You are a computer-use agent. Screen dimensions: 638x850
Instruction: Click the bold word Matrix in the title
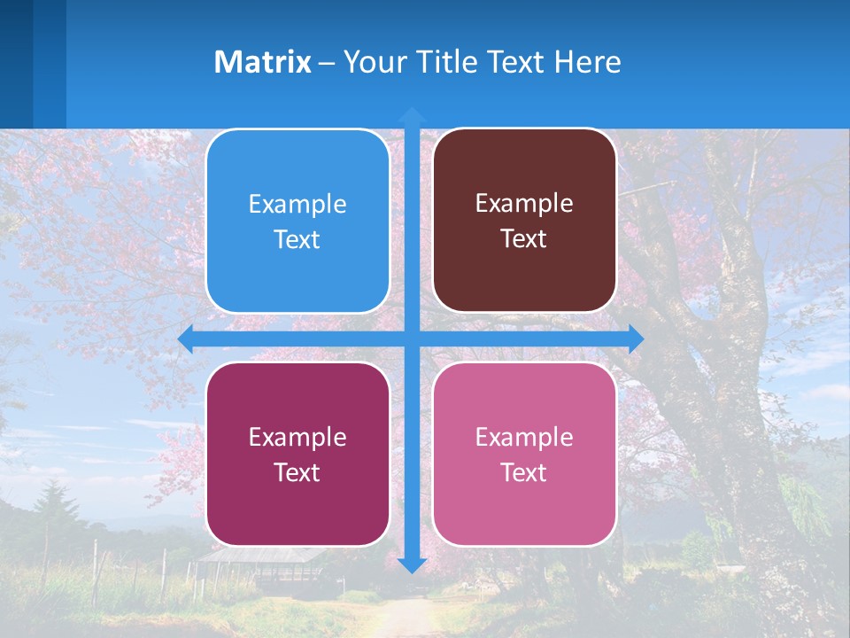tap(263, 62)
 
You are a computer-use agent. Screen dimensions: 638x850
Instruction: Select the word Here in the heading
tap(587, 62)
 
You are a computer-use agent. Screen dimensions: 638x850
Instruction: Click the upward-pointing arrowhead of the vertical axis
tap(412, 114)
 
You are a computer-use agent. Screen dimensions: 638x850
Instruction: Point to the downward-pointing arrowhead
tap(412, 564)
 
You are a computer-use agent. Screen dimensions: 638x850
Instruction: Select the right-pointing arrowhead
tap(636, 338)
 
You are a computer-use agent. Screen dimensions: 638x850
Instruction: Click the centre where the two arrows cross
tap(412, 338)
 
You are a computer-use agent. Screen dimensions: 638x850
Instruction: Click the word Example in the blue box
tap(297, 205)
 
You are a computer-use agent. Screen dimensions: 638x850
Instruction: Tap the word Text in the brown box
tap(524, 239)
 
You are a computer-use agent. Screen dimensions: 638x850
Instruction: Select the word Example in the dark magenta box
tap(297, 438)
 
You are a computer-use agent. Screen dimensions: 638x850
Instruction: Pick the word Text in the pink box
tap(524, 472)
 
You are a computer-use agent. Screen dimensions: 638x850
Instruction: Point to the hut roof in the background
tap(257, 556)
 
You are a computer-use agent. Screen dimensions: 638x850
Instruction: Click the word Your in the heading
tap(373, 62)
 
